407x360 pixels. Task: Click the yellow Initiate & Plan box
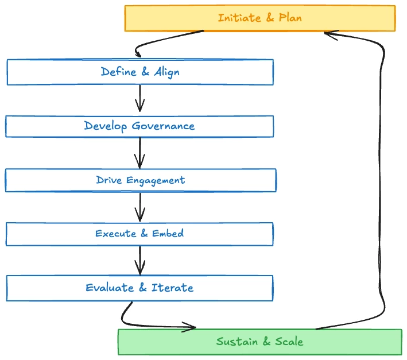point(260,18)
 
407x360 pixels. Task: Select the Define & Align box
point(140,72)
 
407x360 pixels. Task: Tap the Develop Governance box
point(139,126)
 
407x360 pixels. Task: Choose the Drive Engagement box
point(141,180)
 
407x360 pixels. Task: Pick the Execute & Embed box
point(139,234)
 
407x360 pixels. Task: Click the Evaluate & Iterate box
point(139,288)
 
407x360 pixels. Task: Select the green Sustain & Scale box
point(259,342)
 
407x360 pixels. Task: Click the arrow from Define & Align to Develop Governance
point(139,99)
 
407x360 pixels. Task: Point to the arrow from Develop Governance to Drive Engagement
point(139,152)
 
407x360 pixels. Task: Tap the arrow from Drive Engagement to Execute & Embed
point(139,207)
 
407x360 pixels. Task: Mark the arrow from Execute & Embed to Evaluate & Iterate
point(139,260)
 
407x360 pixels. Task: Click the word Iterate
point(172,288)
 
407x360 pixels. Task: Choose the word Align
point(166,72)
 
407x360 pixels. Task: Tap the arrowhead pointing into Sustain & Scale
point(191,328)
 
